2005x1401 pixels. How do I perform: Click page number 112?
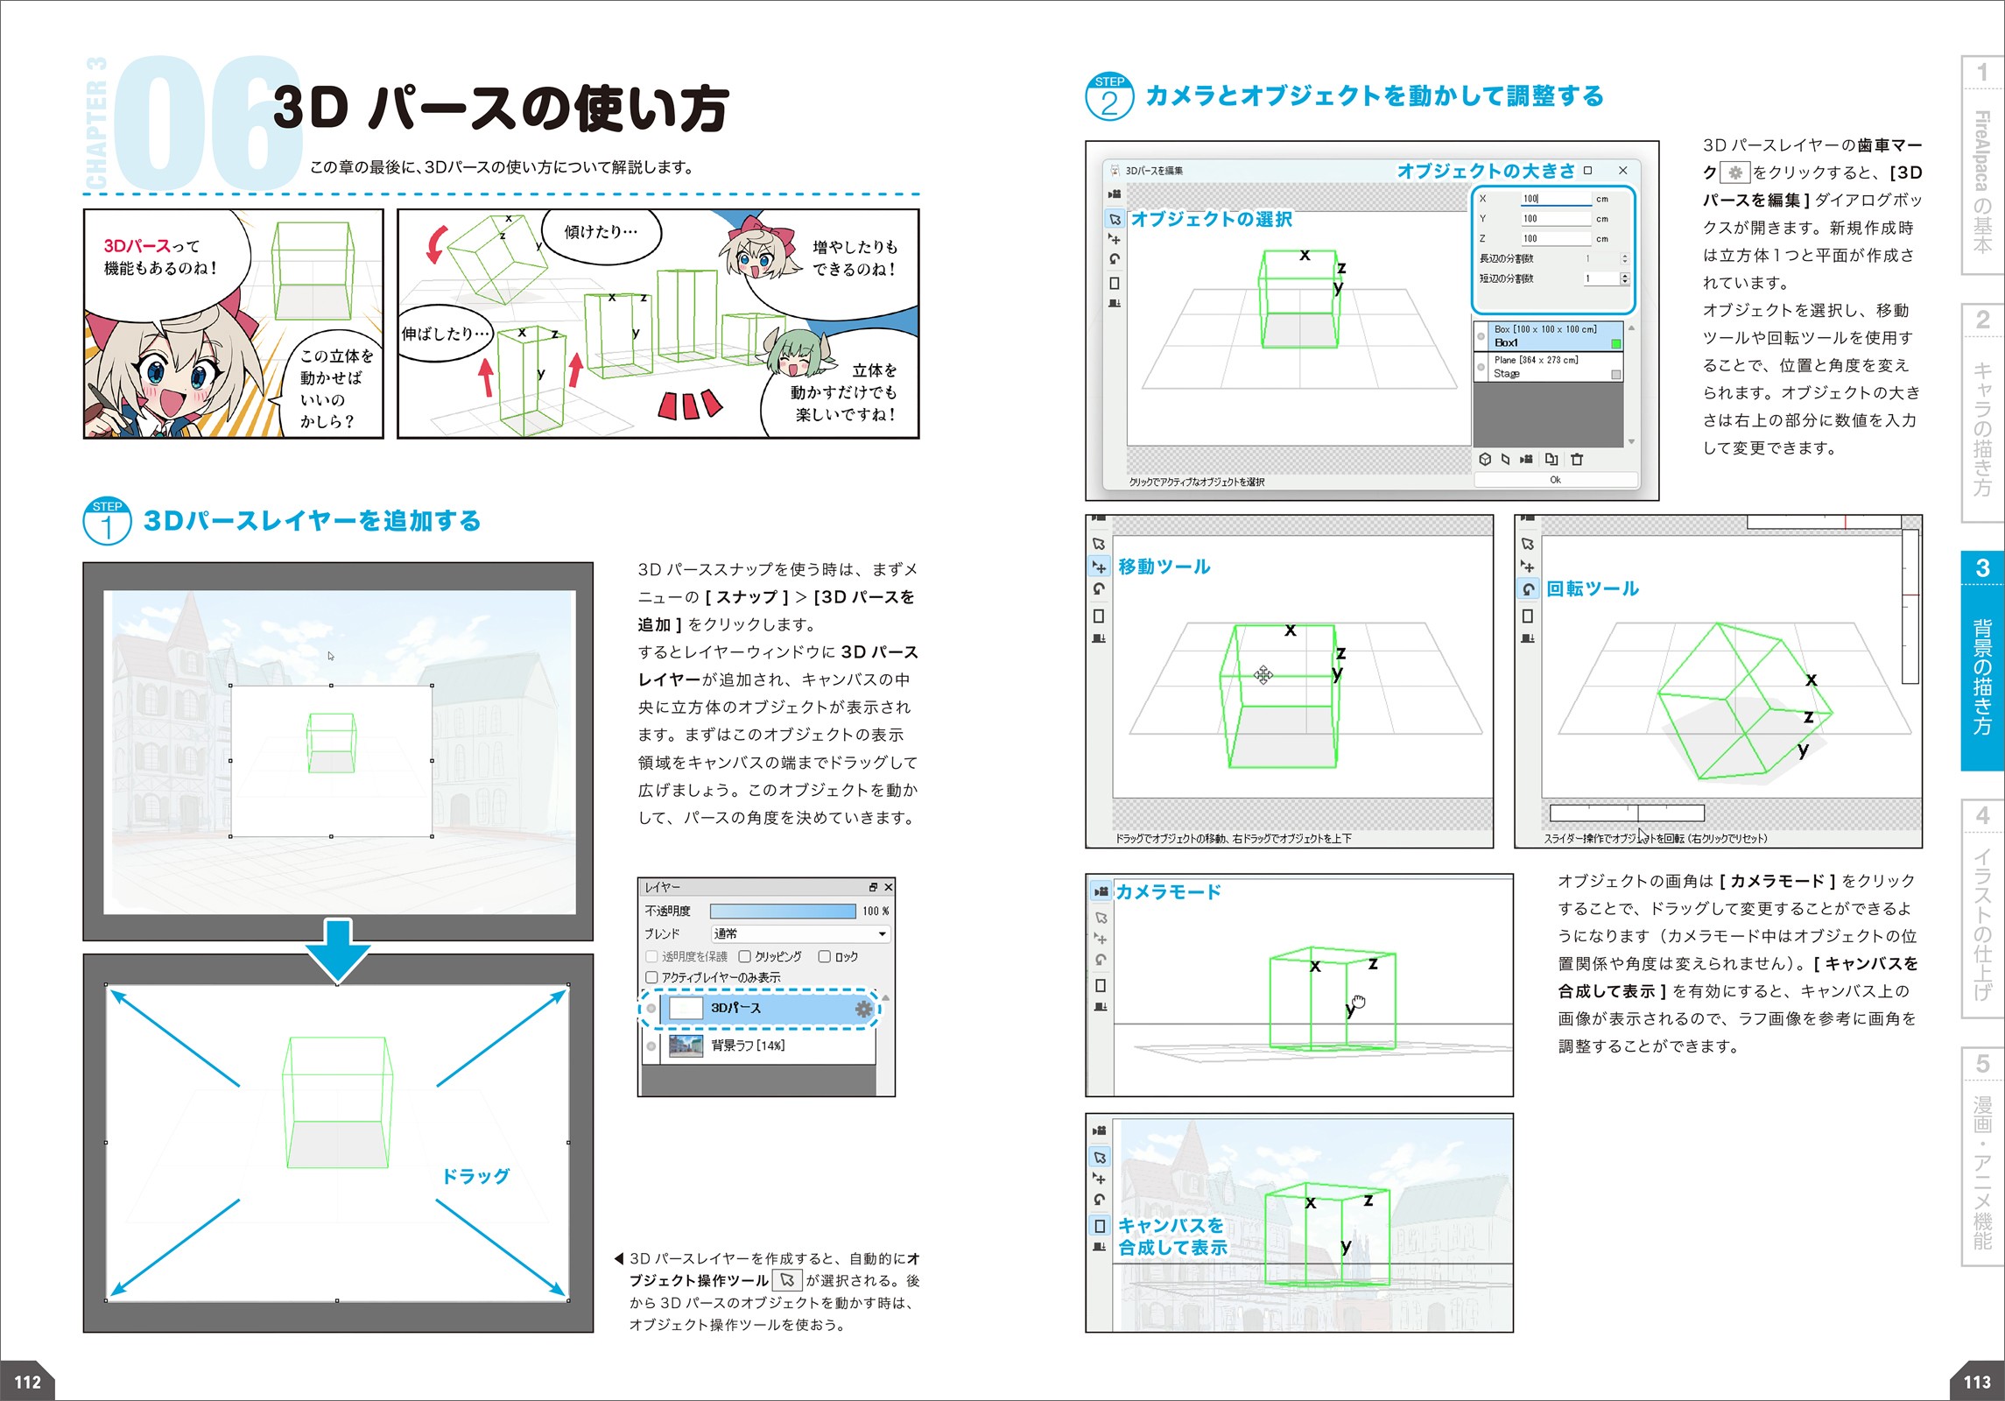click(x=27, y=1382)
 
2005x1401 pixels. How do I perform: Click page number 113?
click(x=1977, y=1382)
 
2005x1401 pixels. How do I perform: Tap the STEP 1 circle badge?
click(x=107, y=521)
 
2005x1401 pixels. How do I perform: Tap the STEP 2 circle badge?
click(x=1109, y=96)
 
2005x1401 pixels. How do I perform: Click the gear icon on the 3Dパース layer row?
click(x=863, y=1009)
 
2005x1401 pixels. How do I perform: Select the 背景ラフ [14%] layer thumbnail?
click(x=686, y=1045)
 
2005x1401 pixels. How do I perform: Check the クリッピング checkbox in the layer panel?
click(x=745, y=956)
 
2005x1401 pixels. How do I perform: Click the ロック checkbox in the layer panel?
click(x=824, y=956)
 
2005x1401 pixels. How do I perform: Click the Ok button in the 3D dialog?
click(x=1555, y=480)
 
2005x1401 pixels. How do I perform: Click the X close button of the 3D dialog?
click(x=1622, y=171)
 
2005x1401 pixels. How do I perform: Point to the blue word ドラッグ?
click(x=475, y=1176)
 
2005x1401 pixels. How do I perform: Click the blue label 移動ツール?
click(x=1164, y=567)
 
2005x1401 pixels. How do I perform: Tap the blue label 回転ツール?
click(x=1593, y=588)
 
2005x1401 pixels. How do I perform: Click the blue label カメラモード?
click(x=1168, y=891)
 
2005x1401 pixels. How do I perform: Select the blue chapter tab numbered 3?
click(x=1982, y=661)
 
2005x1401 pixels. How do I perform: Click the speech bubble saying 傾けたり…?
click(x=601, y=232)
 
